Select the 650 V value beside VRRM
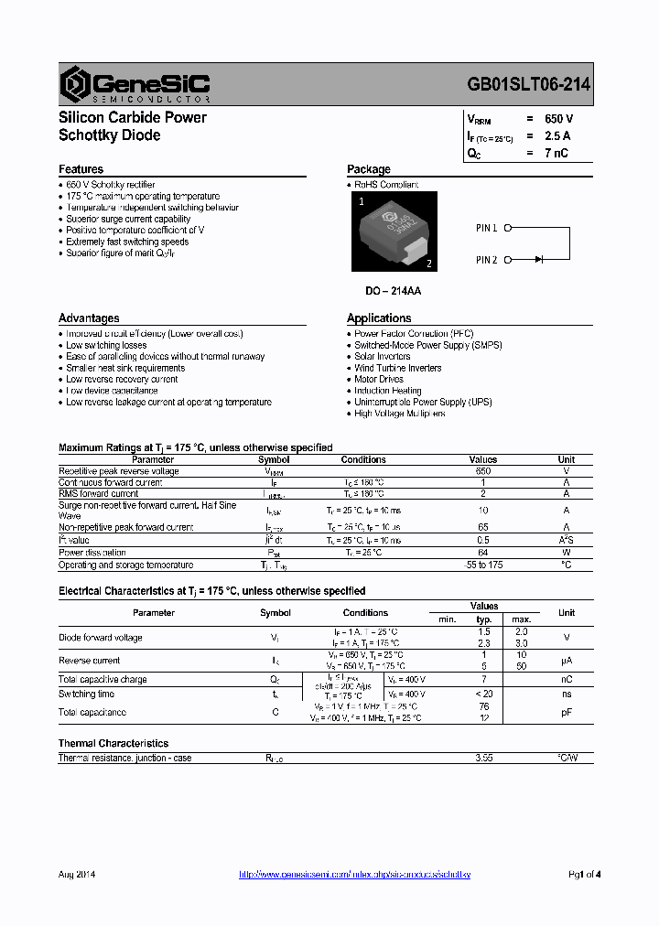pyautogui.click(x=558, y=119)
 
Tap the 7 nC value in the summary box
pyautogui.click(x=556, y=153)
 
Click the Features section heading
pyautogui.click(x=81, y=169)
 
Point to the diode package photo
pyautogui.click(x=394, y=231)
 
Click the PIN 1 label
pyautogui.click(x=486, y=228)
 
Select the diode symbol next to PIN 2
pyautogui.click(x=538, y=260)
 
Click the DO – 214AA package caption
pyautogui.click(x=394, y=291)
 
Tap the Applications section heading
pyautogui.click(x=379, y=318)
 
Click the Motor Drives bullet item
pyautogui.click(x=379, y=379)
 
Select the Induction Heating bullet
pyautogui.click(x=388, y=391)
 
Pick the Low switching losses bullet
pyautogui.click(x=106, y=345)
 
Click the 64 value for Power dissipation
pyautogui.click(x=483, y=553)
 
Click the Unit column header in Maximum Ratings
pyautogui.click(x=567, y=459)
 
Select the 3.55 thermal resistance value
pyautogui.click(x=484, y=758)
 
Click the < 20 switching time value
pyautogui.click(x=484, y=694)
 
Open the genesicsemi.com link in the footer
pyautogui.click(x=354, y=875)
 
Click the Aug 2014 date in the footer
pyautogui.click(x=77, y=875)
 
